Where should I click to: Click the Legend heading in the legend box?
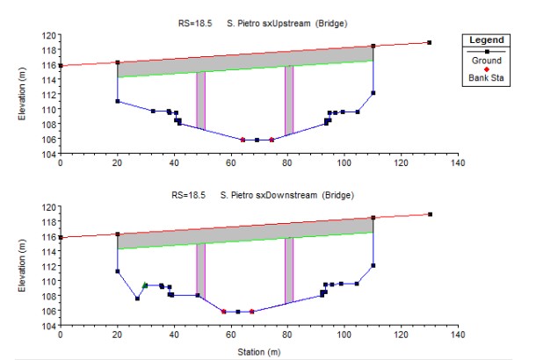click(x=486, y=40)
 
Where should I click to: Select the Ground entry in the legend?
click(x=486, y=61)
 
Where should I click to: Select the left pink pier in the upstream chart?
click(x=200, y=100)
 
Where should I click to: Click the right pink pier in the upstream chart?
click(x=288, y=100)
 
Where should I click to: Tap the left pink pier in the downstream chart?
click(x=200, y=269)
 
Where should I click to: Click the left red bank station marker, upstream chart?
click(x=243, y=140)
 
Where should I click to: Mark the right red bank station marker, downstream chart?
click(x=252, y=311)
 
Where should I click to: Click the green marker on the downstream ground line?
click(x=145, y=284)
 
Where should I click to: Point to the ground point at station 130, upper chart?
click(x=429, y=42)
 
